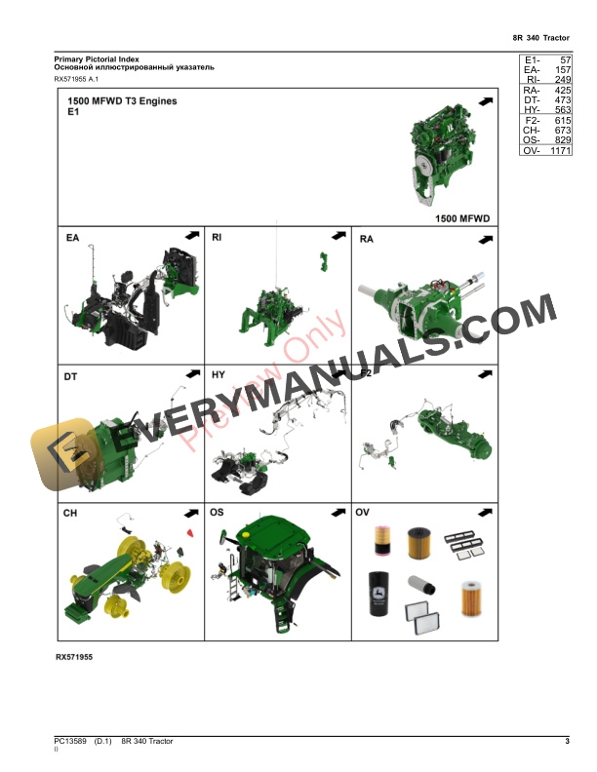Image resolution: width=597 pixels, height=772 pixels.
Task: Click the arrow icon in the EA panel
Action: [x=190, y=235]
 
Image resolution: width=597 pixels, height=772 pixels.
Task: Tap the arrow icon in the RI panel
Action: [x=338, y=235]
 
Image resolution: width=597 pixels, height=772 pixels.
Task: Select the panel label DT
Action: [x=71, y=374]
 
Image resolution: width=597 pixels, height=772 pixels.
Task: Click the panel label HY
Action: [x=219, y=374]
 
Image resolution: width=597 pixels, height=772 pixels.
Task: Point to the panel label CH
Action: [x=71, y=513]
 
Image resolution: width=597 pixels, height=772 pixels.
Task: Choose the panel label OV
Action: [x=363, y=513]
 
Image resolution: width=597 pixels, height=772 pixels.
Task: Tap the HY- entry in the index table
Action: [x=532, y=110]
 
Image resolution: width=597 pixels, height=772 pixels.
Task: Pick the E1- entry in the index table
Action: [x=533, y=60]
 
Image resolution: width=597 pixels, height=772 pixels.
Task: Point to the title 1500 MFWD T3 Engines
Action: [x=122, y=101]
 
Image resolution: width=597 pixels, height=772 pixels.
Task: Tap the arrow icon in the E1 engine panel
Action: [x=485, y=101]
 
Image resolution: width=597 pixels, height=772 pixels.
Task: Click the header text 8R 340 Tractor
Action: [x=540, y=37]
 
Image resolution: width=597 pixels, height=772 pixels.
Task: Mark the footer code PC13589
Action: [x=71, y=742]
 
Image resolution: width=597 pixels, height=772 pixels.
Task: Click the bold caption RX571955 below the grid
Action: [x=74, y=657]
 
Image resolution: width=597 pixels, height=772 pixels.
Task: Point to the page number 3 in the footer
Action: [x=567, y=742]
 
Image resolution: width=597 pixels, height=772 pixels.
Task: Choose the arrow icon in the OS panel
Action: [x=338, y=513]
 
